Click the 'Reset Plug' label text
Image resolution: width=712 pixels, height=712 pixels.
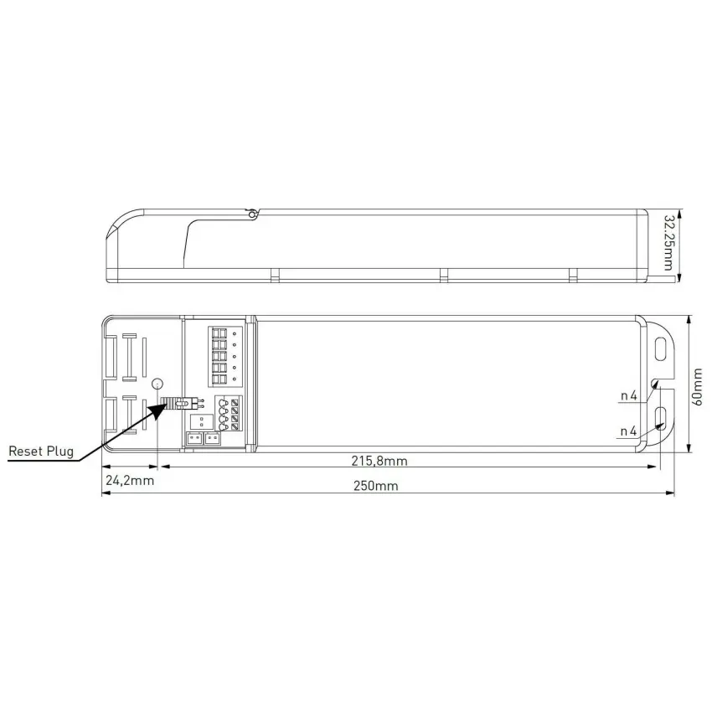tap(41, 451)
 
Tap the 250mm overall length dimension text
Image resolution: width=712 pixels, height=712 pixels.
tap(375, 486)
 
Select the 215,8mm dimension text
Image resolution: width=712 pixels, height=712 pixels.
tap(379, 461)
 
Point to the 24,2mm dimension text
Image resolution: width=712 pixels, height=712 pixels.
tap(130, 481)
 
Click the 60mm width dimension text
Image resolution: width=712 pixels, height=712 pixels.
tap(697, 387)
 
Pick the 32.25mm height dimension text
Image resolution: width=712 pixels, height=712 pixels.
tap(668, 243)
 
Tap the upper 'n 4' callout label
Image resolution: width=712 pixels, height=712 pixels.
tap(628, 396)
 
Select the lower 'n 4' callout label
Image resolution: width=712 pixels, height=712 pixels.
tap(628, 431)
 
